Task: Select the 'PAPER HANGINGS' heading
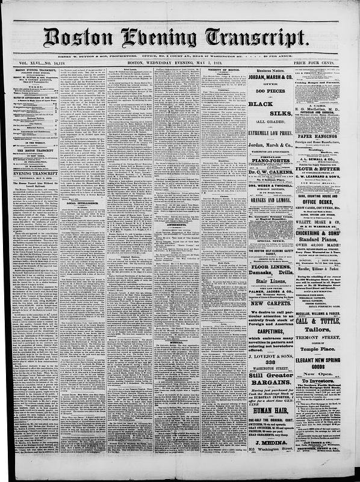[x=329, y=120]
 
